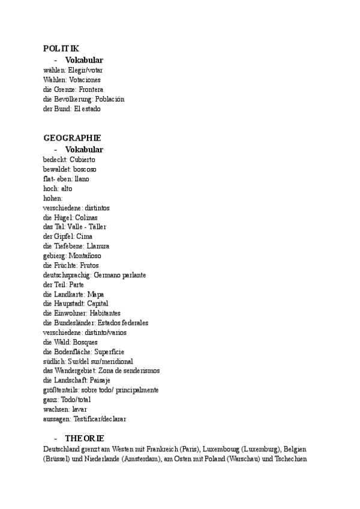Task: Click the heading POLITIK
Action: pyautogui.click(x=61, y=48)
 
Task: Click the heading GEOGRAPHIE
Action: pyautogui.click(x=72, y=137)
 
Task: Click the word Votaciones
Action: pyautogui.click(x=85, y=79)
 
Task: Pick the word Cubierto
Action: pyautogui.click(x=82, y=160)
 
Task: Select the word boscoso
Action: pyautogui.click(x=81, y=169)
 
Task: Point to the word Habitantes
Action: pyautogui.click(x=105, y=313)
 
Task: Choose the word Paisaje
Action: pyautogui.click(x=100, y=381)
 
